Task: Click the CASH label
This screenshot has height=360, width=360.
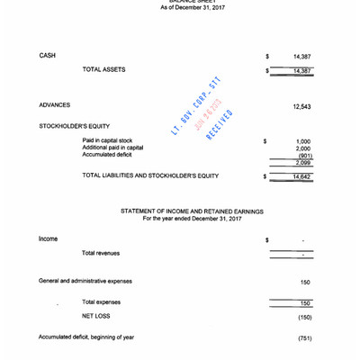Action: [48, 56]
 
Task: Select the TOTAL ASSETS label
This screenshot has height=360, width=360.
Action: [104, 69]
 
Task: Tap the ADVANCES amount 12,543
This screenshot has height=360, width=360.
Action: [301, 107]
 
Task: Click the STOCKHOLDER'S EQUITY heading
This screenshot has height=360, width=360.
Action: [73, 127]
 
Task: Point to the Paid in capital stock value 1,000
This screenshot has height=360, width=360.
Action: [303, 141]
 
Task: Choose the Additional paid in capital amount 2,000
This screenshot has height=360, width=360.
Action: [303, 148]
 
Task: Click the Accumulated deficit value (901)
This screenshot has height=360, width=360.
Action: [304, 156]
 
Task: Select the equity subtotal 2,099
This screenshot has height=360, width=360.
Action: [303, 163]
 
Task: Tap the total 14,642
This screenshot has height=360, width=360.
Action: [301, 177]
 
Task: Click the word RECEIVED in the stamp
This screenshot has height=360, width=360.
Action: [219, 125]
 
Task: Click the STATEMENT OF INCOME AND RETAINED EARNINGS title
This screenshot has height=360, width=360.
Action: [192, 211]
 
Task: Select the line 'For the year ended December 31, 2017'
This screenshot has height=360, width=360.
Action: [192, 219]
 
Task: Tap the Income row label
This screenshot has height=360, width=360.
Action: [48, 239]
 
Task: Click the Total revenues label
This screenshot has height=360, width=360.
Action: [101, 254]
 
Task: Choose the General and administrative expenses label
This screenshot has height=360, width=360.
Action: [86, 282]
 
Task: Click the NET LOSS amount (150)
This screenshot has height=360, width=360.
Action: [304, 318]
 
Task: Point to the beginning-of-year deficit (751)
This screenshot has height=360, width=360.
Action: [304, 338]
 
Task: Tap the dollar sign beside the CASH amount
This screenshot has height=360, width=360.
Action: [267, 56]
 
